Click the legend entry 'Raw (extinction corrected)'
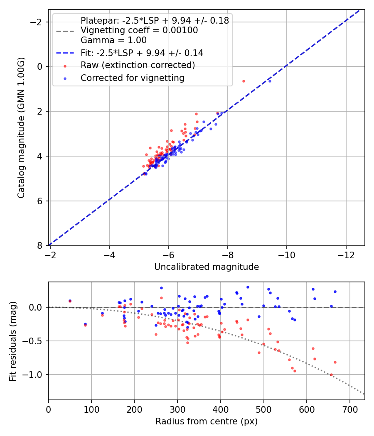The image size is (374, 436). coord(138,65)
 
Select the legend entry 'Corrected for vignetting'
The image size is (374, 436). coord(133,78)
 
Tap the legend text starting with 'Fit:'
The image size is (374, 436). coord(142,53)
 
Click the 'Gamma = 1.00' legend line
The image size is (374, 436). coord(113,40)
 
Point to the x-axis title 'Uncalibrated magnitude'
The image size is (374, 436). coord(207,267)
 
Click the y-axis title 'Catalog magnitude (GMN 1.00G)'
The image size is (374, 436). coord(22,128)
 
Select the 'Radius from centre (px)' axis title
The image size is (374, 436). coord(207,421)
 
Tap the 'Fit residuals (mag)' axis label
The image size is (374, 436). coord(13,341)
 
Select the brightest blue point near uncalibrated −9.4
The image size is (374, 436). coord(270,81)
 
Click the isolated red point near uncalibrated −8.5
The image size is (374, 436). coord(244,81)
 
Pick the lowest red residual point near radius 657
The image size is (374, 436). coord(331,375)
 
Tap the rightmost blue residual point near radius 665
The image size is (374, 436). coord(335,291)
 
